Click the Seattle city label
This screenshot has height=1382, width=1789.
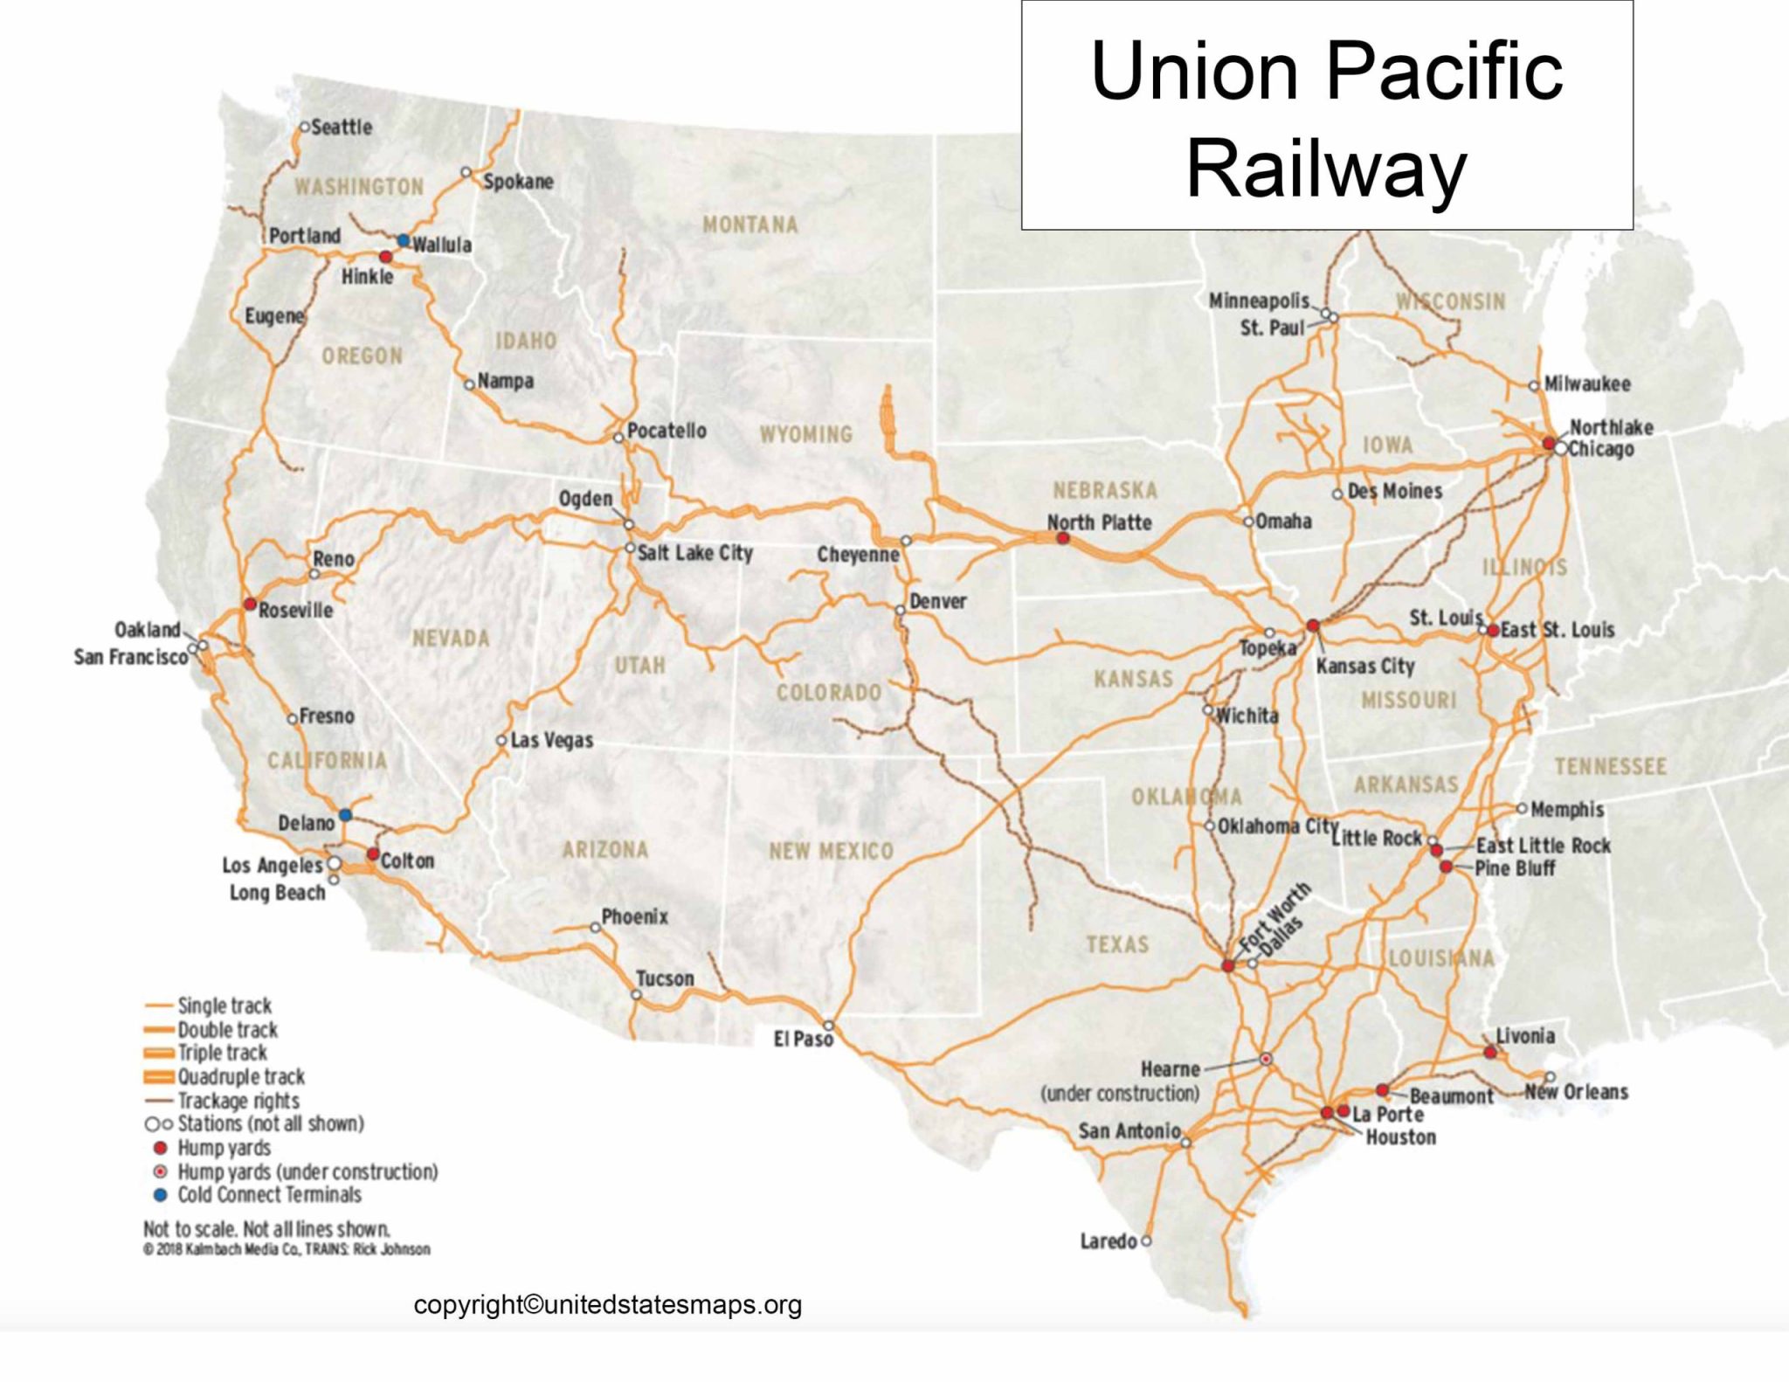point(341,128)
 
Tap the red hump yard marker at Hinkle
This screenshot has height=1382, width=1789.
point(385,257)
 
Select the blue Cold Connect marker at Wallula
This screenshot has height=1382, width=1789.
point(404,239)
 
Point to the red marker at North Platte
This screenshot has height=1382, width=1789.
point(1062,538)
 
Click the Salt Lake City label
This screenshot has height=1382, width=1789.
point(694,553)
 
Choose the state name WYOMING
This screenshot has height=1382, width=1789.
point(805,434)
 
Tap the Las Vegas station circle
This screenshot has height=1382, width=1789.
point(501,740)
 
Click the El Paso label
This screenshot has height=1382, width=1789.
point(803,1040)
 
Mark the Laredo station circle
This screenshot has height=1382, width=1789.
point(1146,1240)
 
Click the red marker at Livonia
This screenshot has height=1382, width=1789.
point(1489,1052)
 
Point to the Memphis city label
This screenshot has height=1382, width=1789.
point(1567,810)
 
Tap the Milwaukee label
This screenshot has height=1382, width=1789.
point(1587,384)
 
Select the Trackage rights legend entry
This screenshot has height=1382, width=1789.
point(238,1101)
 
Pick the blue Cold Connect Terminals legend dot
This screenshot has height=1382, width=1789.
point(160,1195)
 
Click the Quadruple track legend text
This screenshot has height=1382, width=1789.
point(241,1077)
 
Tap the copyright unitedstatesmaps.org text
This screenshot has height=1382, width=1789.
point(607,1305)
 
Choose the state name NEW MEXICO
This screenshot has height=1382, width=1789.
point(831,851)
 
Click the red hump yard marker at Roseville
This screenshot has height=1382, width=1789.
point(249,604)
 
